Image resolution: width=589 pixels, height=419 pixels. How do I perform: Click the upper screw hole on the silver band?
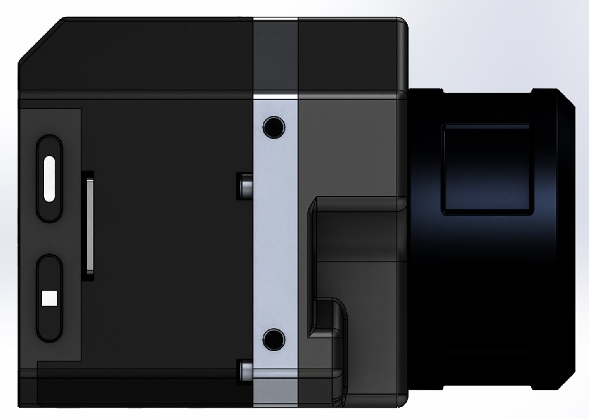coord(274,126)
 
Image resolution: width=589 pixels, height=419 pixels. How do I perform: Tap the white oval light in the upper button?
coord(49,178)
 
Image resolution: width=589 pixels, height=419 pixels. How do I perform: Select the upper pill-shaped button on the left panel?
coord(49,155)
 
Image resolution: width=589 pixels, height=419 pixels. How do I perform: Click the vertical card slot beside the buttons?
coord(90,225)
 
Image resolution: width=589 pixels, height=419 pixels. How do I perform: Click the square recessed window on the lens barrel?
coord(487,169)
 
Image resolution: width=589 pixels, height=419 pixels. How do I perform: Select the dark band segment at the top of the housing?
coord(275,54)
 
